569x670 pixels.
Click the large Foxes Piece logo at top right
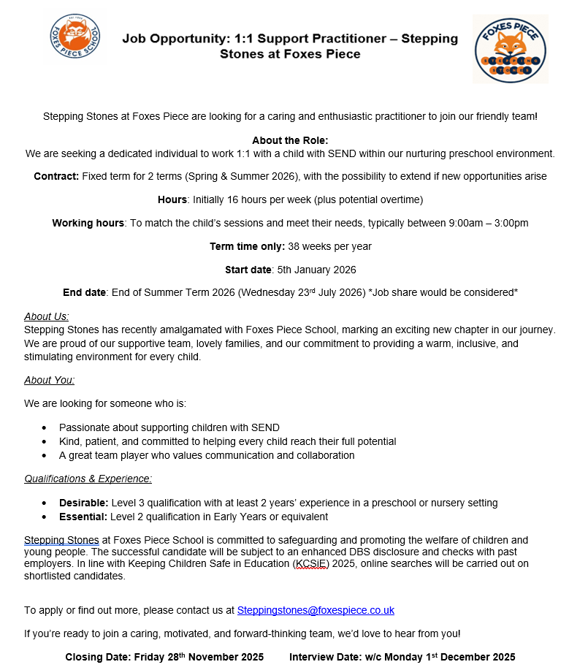511,48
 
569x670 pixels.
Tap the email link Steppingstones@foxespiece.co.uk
316,610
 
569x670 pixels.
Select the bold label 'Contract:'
56,176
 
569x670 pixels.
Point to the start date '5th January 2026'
316,270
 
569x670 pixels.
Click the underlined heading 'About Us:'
47,316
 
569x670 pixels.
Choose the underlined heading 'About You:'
49,380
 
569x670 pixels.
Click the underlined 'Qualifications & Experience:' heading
88,479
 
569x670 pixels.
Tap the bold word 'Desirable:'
83,503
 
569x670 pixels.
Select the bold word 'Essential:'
83,517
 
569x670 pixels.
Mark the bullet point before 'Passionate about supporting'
45,427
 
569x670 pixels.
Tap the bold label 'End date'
84,293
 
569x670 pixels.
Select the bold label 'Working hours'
88,223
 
